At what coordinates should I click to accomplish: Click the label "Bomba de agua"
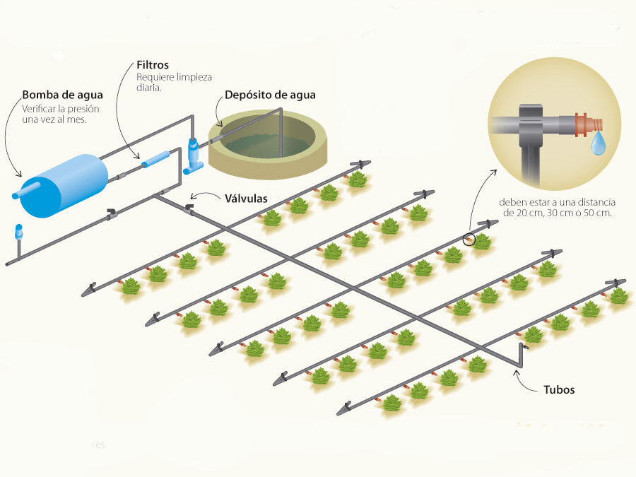pyautogui.click(x=63, y=95)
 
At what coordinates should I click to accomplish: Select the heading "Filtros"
pyautogui.click(x=153, y=64)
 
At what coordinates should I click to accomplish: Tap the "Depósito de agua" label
pyautogui.click(x=270, y=95)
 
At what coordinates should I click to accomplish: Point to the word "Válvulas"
pyautogui.click(x=246, y=199)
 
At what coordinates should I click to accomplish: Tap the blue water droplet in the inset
pyautogui.click(x=599, y=146)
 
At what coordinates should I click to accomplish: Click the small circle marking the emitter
pyautogui.click(x=469, y=240)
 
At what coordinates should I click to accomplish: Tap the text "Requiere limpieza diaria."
pyautogui.click(x=174, y=82)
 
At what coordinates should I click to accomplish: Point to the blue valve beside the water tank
pyautogui.click(x=194, y=154)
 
